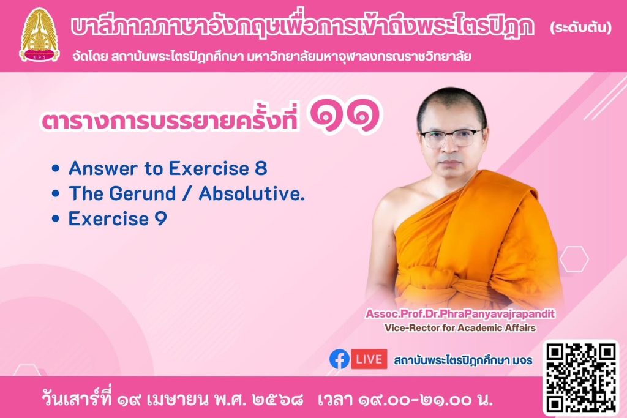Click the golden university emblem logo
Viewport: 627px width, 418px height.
coord(39,35)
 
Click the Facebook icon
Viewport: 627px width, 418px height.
coord(339,359)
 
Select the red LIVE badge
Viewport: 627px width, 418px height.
coord(369,359)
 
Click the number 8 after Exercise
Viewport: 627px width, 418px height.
coord(261,168)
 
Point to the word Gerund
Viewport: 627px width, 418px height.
coord(142,193)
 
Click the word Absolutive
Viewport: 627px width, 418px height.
coord(252,193)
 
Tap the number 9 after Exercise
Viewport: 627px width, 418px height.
coord(160,218)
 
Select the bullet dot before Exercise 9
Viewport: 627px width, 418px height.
coord(56,218)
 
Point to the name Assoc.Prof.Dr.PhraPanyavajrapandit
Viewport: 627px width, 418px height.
coord(460,314)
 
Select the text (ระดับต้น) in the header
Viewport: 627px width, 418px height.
coord(581,28)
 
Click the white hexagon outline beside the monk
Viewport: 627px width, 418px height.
coord(574,259)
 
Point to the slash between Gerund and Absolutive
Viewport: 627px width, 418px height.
coord(187,194)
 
